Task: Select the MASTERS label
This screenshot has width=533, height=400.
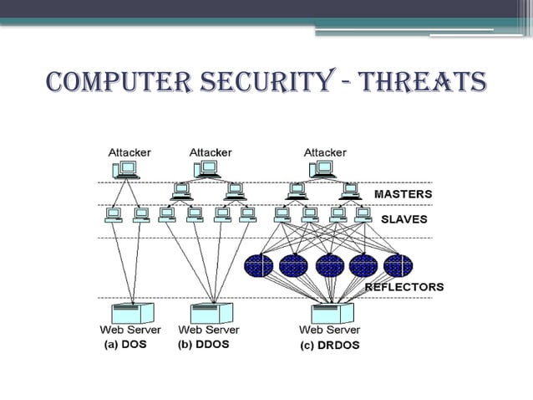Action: click(x=403, y=194)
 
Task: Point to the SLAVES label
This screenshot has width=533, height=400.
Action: click(x=404, y=219)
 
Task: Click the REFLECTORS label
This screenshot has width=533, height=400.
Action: click(x=404, y=286)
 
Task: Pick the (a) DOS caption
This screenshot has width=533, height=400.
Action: click(x=124, y=344)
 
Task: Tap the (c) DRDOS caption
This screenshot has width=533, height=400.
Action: click(x=330, y=344)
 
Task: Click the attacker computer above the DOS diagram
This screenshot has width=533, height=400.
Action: click(x=126, y=170)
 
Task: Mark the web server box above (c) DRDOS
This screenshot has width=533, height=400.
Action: click(x=333, y=313)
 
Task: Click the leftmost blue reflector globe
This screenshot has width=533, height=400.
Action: click(x=259, y=266)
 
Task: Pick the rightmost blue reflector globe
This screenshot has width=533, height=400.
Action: click(x=398, y=266)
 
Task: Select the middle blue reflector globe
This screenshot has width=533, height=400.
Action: click(x=329, y=266)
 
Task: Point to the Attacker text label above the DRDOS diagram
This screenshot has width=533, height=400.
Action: click(x=325, y=151)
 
